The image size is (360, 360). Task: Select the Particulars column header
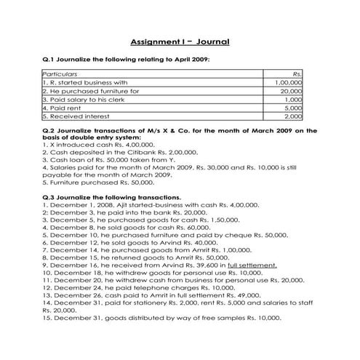[x=60, y=74]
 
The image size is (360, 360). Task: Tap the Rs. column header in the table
[x=297, y=74]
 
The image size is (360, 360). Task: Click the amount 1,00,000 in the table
[x=289, y=83]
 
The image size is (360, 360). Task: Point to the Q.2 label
[x=50, y=130]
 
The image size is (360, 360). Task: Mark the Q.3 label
[x=50, y=196]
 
